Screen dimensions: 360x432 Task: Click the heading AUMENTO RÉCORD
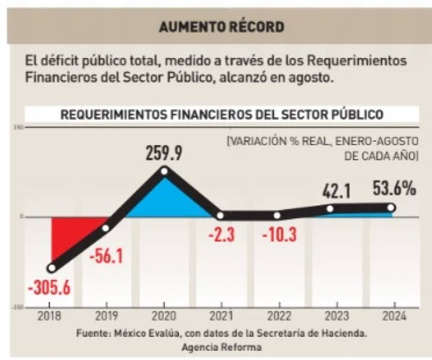(x=221, y=27)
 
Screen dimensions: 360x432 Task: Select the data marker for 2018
(x=52, y=268)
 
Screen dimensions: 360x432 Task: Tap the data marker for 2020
(x=164, y=171)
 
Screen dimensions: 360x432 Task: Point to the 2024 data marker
(x=391, y=208)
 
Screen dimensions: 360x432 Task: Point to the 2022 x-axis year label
(x=279, y=317)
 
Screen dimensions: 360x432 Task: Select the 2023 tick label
(x=337, y=317)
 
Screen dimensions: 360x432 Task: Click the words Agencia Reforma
(x=221, y=348)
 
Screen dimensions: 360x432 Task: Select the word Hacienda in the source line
(x=348, y=333)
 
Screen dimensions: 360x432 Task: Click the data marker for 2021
(x=220, y=216)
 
